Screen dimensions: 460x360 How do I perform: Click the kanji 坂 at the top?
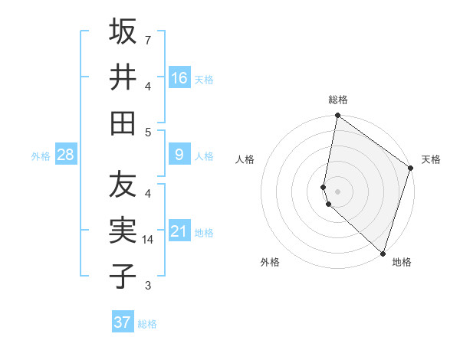(x=123, y=32)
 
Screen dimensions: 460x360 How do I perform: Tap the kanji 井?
(x=123, y=77)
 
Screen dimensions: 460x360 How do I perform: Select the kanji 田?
(x=123, y=122)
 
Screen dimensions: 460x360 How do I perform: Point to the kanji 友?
(x=123, y=185)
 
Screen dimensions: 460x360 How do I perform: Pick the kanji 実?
(x=123, y=230)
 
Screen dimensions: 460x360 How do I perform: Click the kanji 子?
(x=123, y=275)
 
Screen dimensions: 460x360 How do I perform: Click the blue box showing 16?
(x=179, y=77)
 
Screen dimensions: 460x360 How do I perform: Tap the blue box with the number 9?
(x=179, y=155)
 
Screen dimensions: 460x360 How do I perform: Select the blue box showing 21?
(x=179, y=231)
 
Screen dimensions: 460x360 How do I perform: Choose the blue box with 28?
(x=66, y=155)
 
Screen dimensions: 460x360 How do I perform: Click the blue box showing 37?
(x=123, y=322)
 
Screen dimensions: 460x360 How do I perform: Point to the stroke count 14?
(x=149, y=240)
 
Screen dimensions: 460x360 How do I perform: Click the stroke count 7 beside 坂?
(x=147, y=39)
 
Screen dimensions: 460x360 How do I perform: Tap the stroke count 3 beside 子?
(x=147, y=286)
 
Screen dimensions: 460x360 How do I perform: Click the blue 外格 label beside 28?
(x=41, y=155)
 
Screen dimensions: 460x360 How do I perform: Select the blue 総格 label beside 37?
(x=147, y=324)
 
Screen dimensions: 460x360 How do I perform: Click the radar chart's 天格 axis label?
(x=431, y=159)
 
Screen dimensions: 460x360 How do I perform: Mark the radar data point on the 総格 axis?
(x=337, y=116)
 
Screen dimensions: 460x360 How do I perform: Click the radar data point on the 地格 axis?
(x=383, y=253)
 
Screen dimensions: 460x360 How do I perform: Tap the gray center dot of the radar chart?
(x=337, y=191)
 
